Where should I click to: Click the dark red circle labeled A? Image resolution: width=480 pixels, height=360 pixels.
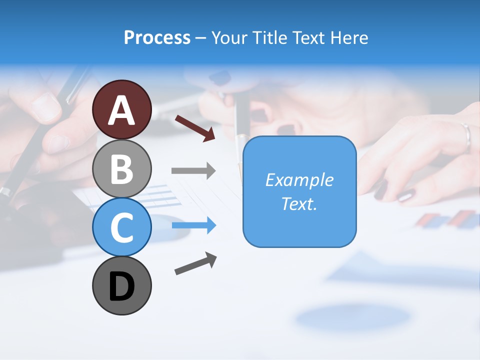pyautogui.click(x=121, y=109)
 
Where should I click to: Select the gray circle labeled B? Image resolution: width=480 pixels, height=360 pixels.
pyautogui.click(x=121, y=168)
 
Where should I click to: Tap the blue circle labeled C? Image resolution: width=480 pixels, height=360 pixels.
pyautogui.click(x=121, y=226)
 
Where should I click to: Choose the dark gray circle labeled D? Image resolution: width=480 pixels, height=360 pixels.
pyautogui.click(x=121, y=285)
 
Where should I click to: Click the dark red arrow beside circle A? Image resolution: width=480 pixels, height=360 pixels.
pyautogui.click(x=195, y=128)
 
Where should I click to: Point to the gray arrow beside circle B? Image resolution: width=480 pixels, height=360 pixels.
pyautogui.click(x=193, y=171)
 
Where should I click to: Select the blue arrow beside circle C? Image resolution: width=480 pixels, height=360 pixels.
pyautogui.click(x=193, y=225)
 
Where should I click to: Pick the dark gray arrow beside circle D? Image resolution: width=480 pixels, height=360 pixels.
pyautogui.click(x=195, y=263)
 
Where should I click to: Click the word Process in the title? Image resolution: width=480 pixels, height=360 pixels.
pyautogui.click(x=157, y=37)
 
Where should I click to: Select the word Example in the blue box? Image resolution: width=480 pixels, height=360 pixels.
pyautogui.click(x=299, y=180)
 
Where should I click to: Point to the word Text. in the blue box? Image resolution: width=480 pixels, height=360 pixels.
pyautogui.click(x=299, y=203)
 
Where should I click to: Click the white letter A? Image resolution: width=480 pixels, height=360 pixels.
pyautogui.click(x=121, y=110)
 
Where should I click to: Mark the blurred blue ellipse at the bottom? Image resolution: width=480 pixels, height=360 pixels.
pyautogui.click(x=352, y=316)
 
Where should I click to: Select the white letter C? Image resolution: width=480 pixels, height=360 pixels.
pyautogui.click(x=121, y=227)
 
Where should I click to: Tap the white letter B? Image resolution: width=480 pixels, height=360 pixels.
pyautogui.click(x=121, y=169)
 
